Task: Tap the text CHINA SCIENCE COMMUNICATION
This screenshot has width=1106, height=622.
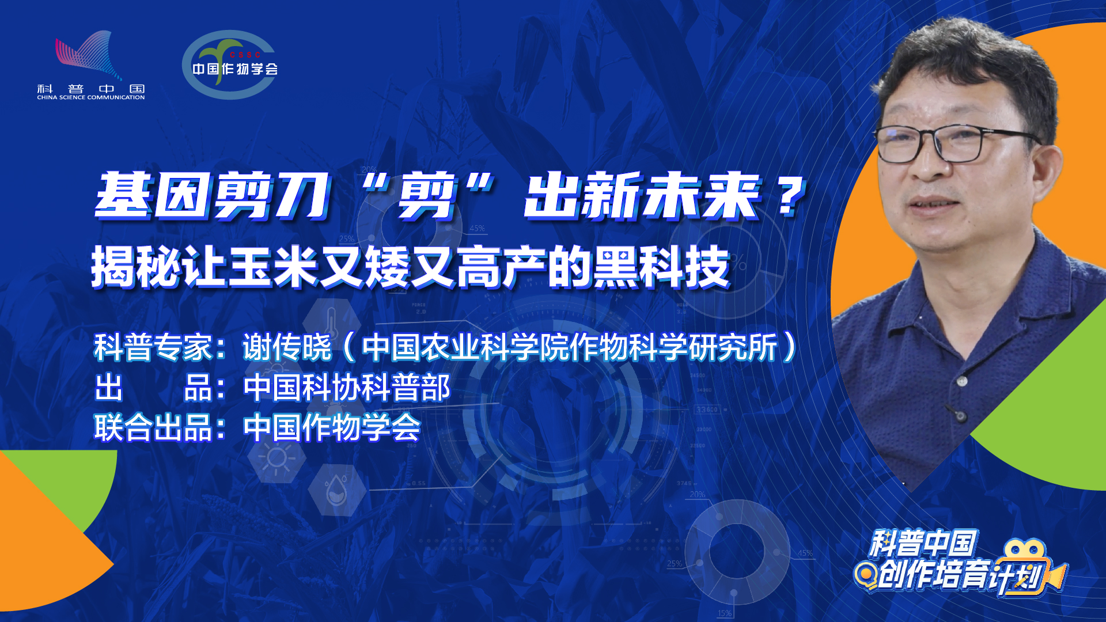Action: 91,98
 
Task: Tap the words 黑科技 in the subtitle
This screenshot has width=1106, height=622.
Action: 662,267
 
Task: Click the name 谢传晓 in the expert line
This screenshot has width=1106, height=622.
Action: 287,347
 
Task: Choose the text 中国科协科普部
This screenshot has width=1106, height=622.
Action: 347,387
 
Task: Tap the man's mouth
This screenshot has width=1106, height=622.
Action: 936,206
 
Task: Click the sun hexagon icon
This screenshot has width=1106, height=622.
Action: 276,458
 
